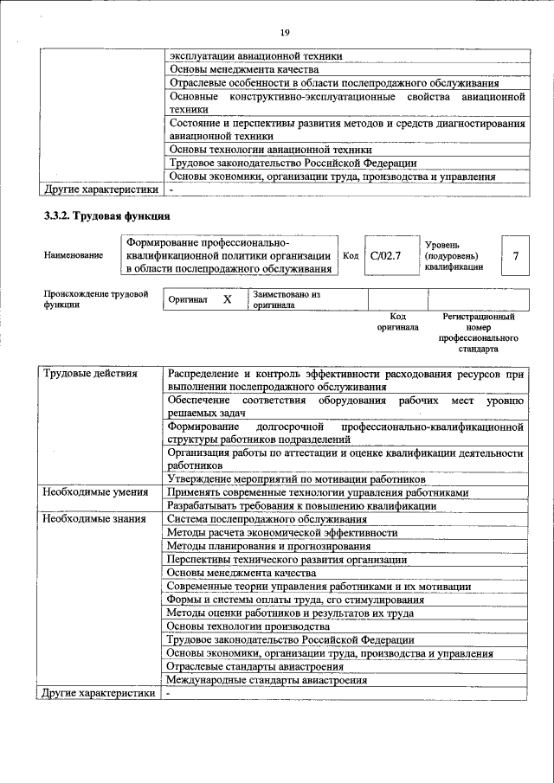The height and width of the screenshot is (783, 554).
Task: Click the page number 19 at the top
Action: tap(285, 9)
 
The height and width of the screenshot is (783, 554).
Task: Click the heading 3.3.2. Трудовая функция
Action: tap(107, 215)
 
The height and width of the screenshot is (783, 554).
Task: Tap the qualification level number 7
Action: tap(515, 256)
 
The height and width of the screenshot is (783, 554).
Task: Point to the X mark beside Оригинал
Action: tap(228, 299)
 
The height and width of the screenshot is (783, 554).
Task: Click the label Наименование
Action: tap(73, 256)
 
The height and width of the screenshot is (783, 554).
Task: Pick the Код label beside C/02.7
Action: tap(351, 256)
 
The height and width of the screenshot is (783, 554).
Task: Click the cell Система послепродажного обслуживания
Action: tap(267, 519)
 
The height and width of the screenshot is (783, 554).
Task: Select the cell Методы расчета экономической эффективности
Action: tap(282, 533)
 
